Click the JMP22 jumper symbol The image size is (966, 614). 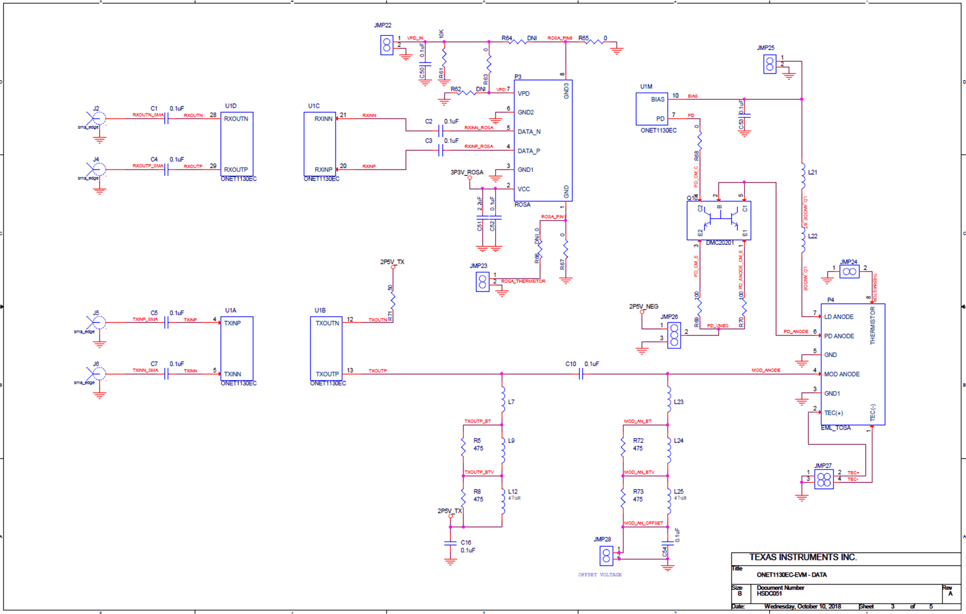(x=386, y=45)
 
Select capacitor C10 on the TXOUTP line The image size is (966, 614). (x=581, y=374)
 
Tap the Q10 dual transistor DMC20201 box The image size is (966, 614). (x=718, y=221)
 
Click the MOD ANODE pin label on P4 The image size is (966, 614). (x=841, y=374)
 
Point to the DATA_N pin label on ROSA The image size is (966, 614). (x=528, y=132)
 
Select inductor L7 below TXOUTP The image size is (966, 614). (x=502, y=400)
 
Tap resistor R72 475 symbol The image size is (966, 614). (x=623, y=446)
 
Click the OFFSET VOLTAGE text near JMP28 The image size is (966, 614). (x=600, y=575)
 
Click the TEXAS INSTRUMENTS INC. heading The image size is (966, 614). (x=802, y=558)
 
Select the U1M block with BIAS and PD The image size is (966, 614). (x=652, y=109)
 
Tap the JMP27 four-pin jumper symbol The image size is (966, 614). (x=824, y=479)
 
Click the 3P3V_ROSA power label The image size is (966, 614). (x=467, y=172)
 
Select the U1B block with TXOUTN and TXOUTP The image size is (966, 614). (x=326, y=348)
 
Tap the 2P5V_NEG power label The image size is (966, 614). (x=643, y=307)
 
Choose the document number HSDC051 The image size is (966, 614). (x=769, y=593)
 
